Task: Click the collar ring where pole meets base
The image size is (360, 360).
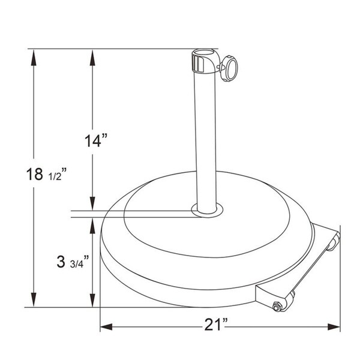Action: (207, 210)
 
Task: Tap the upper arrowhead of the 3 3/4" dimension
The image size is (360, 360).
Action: (92, 223)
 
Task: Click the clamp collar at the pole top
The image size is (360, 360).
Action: (203, 62)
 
